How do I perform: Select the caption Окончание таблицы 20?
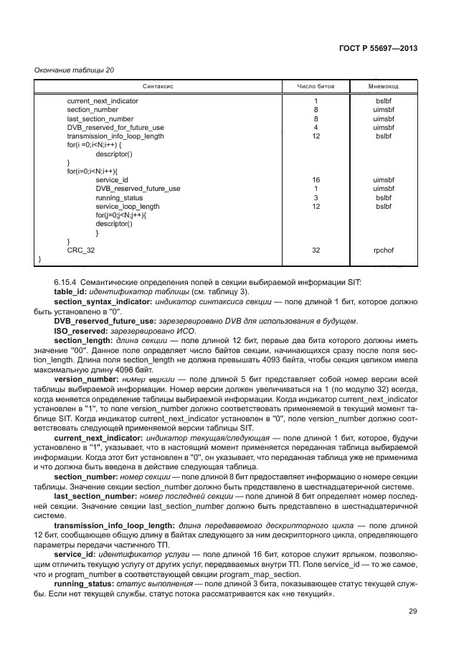point(74,70)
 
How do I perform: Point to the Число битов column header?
point(316,85)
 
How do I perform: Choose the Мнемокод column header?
point(383,85)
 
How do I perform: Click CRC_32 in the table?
point(81,250)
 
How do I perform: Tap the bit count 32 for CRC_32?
point(316,250)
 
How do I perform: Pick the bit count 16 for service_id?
point(316,180)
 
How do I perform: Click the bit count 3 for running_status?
point(316,197)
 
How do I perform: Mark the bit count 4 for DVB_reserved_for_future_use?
point(316,128)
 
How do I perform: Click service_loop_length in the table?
point(128,206)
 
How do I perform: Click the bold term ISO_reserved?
point(82,332)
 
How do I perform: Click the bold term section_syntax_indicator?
point(103,302)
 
